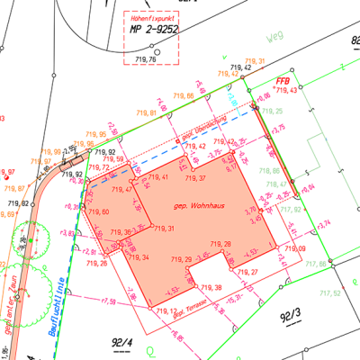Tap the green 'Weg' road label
[275, 39]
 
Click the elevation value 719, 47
[121, 190]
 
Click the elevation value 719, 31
[164, 229]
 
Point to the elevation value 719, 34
[138, 257]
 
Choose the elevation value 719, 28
[220, 244]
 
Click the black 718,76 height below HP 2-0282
[144, 58]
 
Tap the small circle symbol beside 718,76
[157, 52]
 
